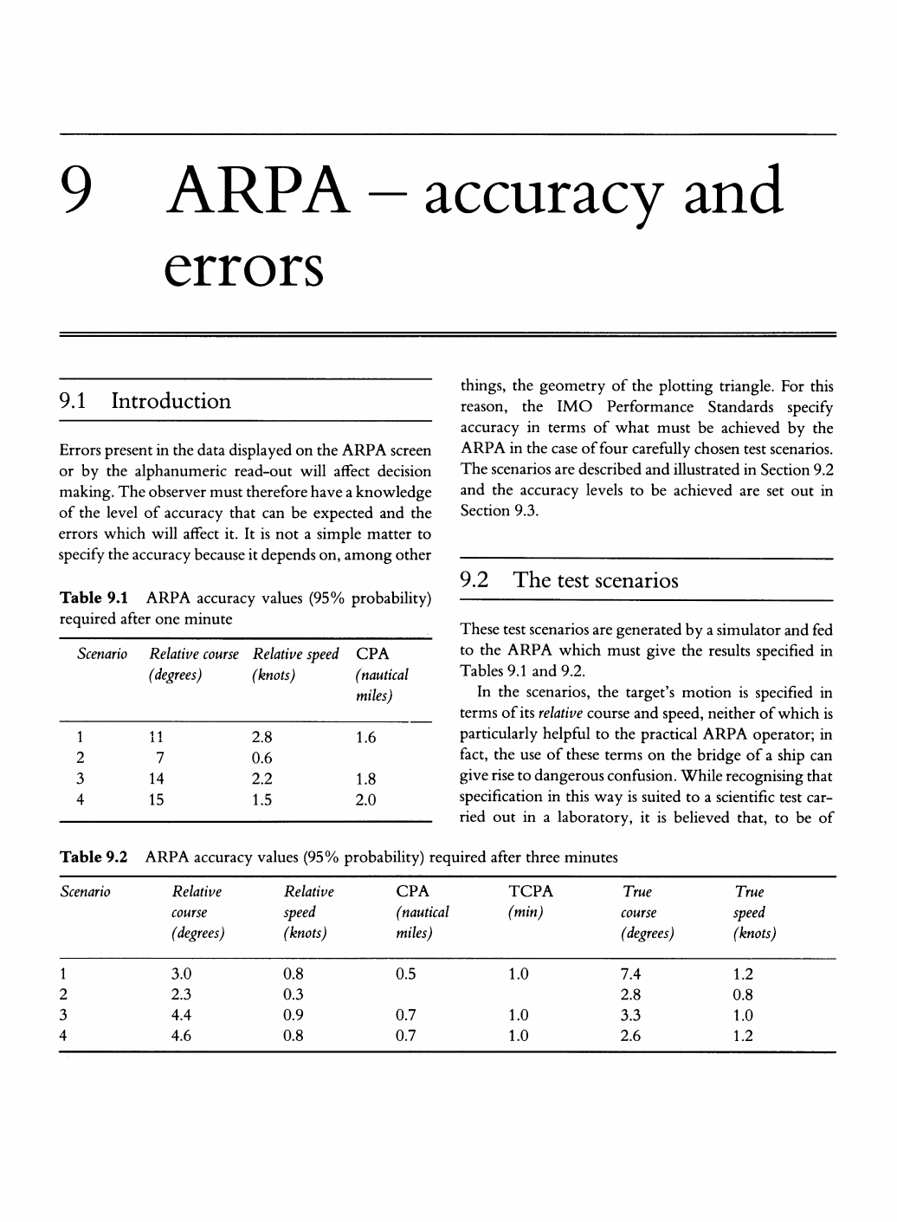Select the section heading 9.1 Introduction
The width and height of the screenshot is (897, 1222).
coord(145,401)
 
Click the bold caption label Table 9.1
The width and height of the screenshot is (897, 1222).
coord(94,598)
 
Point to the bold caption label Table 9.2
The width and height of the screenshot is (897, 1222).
coord(94,857)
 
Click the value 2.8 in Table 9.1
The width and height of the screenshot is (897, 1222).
coord(261,738)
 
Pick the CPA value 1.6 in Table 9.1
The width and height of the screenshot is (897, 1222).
coord(366,738)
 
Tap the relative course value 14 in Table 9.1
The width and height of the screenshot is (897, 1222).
coord(156,779)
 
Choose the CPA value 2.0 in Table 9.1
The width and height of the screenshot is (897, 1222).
coord(366,800)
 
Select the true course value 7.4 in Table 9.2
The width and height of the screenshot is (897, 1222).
coord(631,973)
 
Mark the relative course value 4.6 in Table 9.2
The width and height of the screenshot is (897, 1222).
coord(182,1036)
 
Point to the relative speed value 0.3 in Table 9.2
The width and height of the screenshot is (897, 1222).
coord(294,994)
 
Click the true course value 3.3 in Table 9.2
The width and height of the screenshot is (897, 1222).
coord(631,1015)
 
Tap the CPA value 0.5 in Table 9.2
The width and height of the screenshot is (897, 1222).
coord(405,973)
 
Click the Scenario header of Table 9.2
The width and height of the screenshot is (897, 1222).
coord(85,892)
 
